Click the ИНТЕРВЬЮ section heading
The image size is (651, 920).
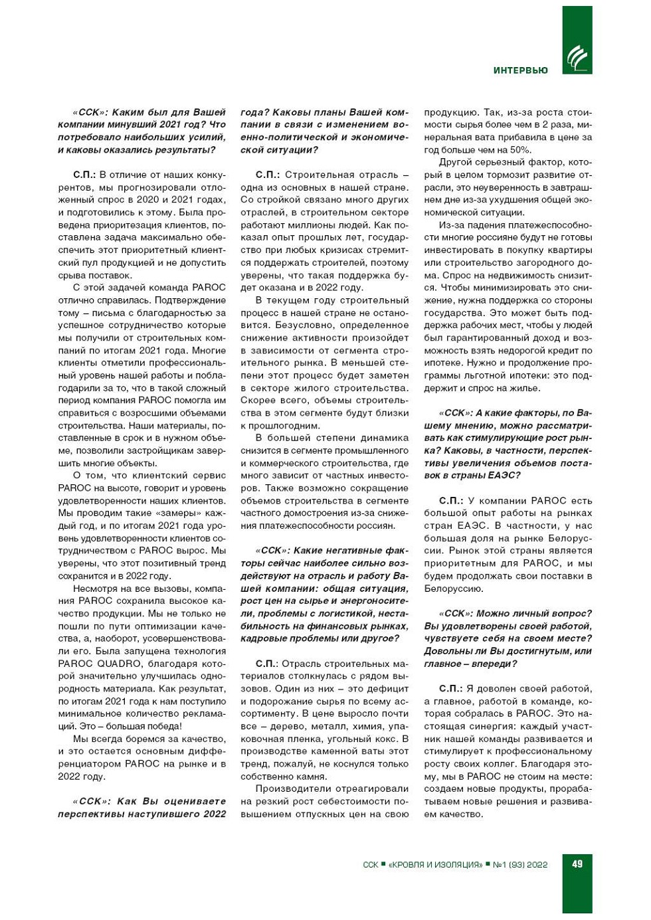point(520,70)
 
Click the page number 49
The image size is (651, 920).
point(577,864)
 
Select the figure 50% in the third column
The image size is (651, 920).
point(519,149)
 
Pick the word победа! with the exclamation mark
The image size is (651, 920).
point(159,726)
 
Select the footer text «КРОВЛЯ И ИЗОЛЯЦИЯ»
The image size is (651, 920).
point(435,864)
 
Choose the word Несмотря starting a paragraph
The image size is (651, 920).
point(95,589)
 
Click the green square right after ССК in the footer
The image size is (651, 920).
point(383,864)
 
